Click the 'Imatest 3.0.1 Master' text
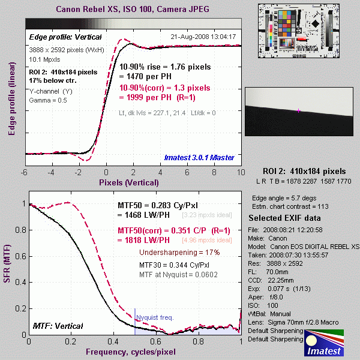tap(202, 157)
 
